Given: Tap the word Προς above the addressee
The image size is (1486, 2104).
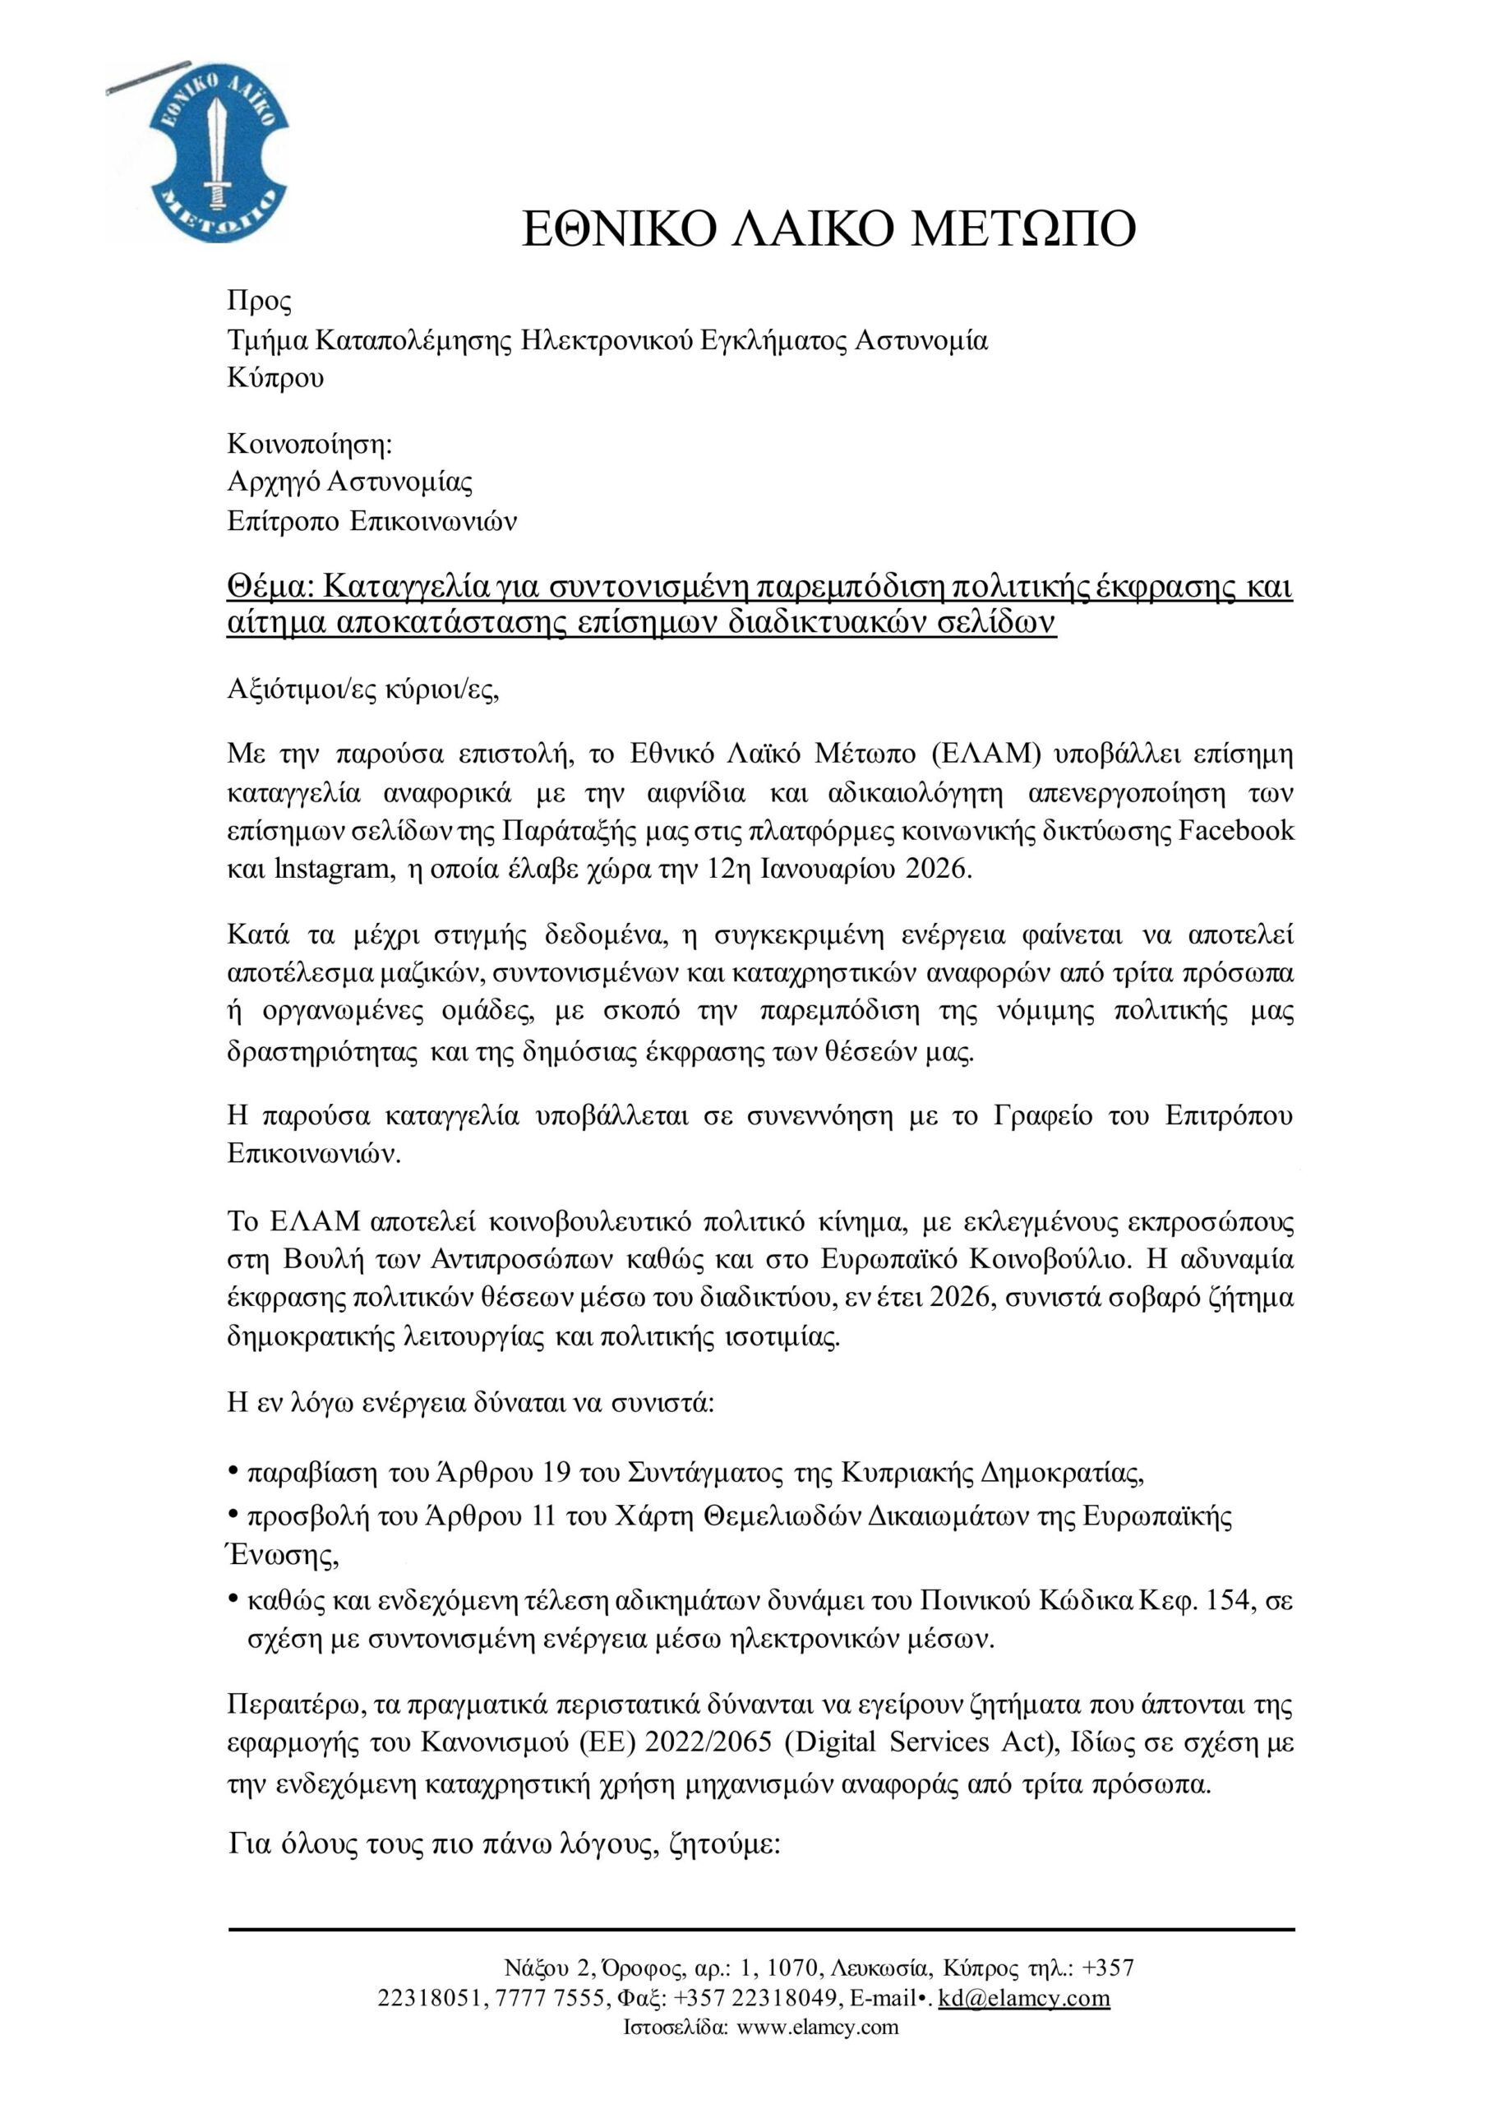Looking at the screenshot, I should coord(259,302).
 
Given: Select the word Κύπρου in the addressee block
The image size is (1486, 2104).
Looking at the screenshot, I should coord(275,378).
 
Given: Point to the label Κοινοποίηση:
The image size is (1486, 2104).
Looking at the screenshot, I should coord(310,445).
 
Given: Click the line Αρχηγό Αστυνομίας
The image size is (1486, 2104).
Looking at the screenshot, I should coord(350,482).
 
